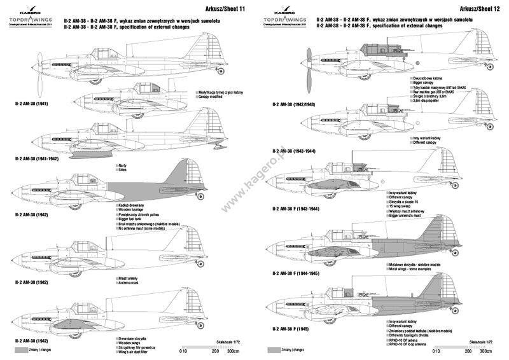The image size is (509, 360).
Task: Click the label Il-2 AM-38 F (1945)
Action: click(290, 329)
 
